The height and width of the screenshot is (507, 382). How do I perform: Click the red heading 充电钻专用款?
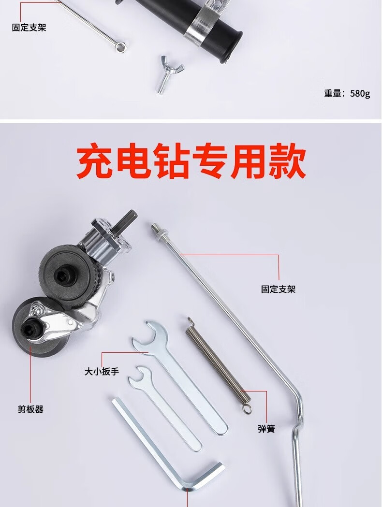coord(191,161)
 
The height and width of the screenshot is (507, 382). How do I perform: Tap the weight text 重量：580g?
coord(347,93)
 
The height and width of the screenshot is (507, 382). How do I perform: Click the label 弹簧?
coord(266,429)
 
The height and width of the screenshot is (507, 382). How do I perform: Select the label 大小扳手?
coord(102,371)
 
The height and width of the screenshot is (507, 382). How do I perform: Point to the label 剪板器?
coord(30,409)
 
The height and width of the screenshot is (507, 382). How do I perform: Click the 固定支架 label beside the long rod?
coord(279,289)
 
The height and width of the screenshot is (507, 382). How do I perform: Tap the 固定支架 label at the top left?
coord(29,27)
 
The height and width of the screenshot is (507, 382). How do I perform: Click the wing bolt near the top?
coord(169,74)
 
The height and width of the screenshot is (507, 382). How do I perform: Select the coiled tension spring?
coord(219,365)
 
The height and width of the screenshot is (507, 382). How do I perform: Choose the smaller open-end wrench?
coord(163,408)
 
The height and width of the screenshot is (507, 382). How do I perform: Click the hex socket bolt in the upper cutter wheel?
coord(63,275)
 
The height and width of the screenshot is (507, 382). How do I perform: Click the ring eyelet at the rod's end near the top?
coord(120,46)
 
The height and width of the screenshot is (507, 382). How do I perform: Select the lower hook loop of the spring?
coord(247,407)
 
